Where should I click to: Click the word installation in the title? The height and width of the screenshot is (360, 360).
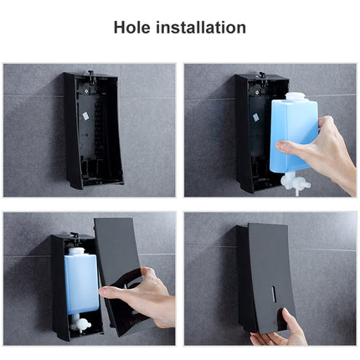click(x=205, y=28)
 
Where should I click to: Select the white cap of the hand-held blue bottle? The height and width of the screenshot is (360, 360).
click(x=294, y=97)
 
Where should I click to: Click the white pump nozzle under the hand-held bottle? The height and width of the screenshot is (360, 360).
click(x=295, y=183)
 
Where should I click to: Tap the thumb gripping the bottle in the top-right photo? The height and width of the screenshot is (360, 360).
click(x=295, y=147)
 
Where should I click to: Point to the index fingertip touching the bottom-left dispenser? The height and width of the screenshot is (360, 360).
click(x=104, y=291)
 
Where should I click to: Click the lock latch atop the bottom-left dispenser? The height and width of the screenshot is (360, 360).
click(x=75, y=236)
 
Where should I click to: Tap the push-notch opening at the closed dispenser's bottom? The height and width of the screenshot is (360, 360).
click(x=268, y=327)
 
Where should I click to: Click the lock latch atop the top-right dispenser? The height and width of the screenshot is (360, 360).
click(x=260, y=75)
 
